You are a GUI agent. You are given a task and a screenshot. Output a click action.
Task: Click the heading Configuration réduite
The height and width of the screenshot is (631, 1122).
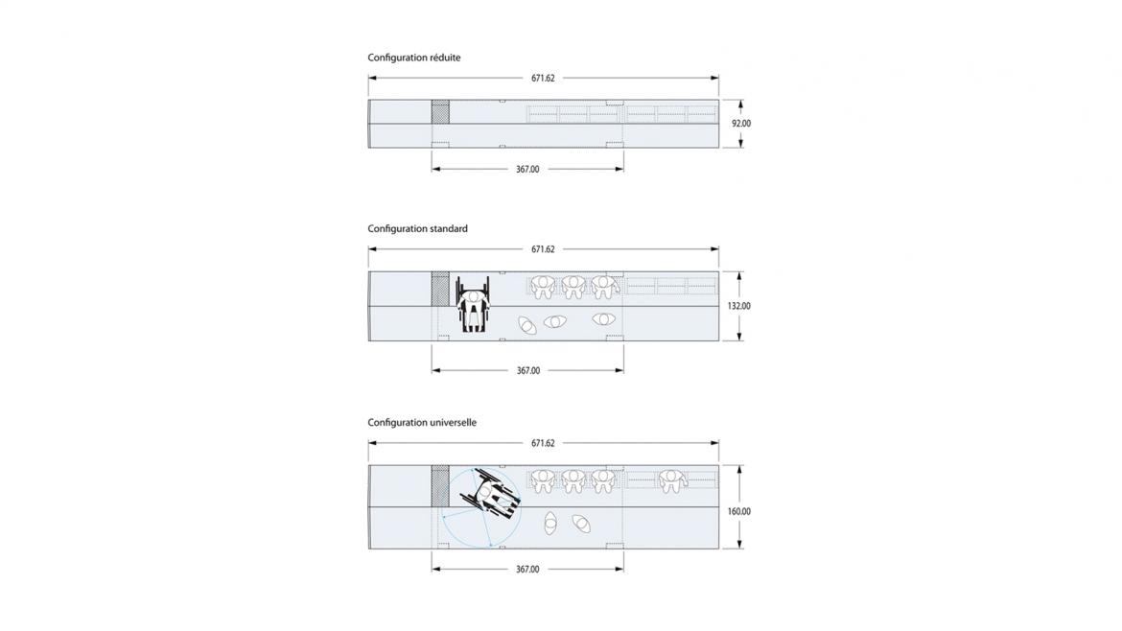pyautogui.click(x=414, y=58)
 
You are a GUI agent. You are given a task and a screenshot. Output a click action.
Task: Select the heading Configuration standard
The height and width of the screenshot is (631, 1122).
pyautogui.click(x=418, y=229)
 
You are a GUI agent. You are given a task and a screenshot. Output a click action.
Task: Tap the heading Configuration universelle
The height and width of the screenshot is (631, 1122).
pyautogui.click(x=422, y=423)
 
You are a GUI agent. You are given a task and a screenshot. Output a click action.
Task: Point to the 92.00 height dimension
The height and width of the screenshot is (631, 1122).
pyautogui.click(x=741, y=124)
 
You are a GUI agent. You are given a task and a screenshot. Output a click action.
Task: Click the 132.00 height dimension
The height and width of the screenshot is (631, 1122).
pyautogui.click(x=739, y=306)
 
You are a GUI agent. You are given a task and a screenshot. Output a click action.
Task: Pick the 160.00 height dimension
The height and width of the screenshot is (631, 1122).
pyautogui.click(x=739, y=511)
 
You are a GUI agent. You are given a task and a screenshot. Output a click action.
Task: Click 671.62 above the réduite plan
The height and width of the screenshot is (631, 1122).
pyautogui.click(x=543, y=78)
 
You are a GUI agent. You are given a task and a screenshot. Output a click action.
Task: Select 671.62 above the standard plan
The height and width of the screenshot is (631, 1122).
pyautogui.click(x=543, y=249)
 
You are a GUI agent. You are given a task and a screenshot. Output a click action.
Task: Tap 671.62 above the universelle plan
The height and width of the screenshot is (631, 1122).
pyautogui.click(x=543, y=444)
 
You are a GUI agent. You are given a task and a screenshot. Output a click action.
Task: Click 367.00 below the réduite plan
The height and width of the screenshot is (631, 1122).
pyautogui.click(x=528, y=170)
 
